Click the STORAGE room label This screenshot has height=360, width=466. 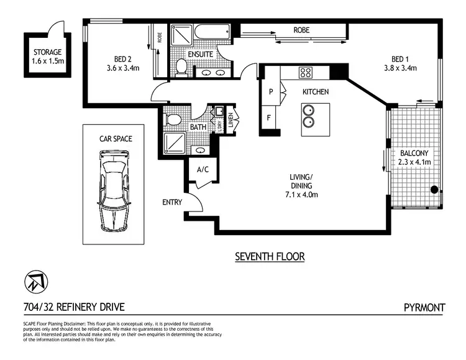[x=47, y=52]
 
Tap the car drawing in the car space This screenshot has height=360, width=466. [x=114, y=192]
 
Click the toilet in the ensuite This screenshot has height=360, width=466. [x=182, y=67]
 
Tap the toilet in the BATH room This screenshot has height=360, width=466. [x=173, y=118]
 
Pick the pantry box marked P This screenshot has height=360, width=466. [x=271, y=92]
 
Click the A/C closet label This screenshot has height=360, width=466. [x=202, y=169]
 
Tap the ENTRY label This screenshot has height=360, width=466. [x=171, y=202]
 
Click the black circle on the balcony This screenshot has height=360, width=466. [x=434, y=190]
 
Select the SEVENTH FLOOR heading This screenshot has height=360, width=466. [x=270, y=256]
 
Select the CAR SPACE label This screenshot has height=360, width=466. [x=115, y=139]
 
